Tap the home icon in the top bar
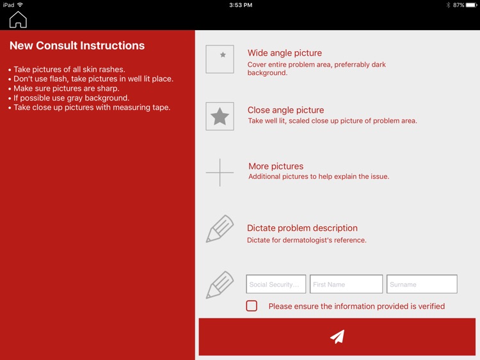pyautogui.click(x=18, y=20)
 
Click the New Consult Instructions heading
pyautogui.click(x=77, y=45)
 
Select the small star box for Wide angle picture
pyautogui.click(x=220, y=59)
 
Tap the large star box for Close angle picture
pyautogui.click(x=220, y=116)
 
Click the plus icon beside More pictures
pyautogui.click(x=220, y=173)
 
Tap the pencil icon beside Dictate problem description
pyautogui.click(x=220, y=229)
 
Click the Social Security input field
pyautogui.click(x=276, y=284)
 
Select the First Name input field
pyautogui.click(x=346, y=284)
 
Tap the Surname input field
pyautogui.click(x=422, y=284)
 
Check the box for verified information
pyautogui.click(x=252, y=306)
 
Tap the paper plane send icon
pyautogui.click(x=337, y=337)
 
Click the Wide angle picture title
pyautogui.click(x=285, y=53)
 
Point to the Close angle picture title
pyautogui.click(x=285, y=110)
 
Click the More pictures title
pyautogui.click(x=276, y=166)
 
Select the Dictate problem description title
pyautogui.click(x=302, y=228)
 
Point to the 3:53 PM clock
pyautogui.click(x=241, y=5)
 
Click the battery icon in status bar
pyautogui.click(x=472, y=5)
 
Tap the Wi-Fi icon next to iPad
pyautogui.click(x=20, y=4)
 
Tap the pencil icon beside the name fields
pyautogui.click(x=220, y=285)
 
